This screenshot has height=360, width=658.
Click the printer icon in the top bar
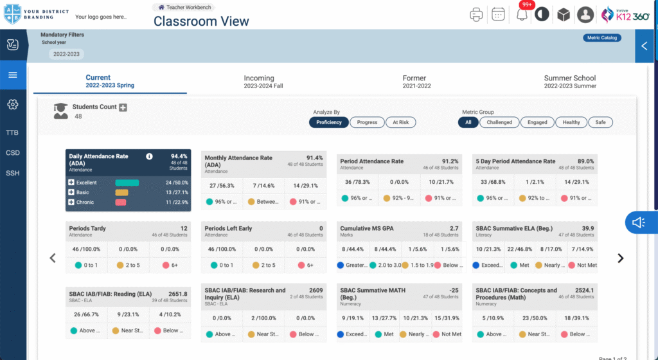point(476,14)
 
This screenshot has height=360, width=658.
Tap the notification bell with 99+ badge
point(522,15)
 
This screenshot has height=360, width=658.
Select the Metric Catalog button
point(601,38)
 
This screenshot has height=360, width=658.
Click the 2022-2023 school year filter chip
point(66,54)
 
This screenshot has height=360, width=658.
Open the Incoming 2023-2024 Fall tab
point(259,82)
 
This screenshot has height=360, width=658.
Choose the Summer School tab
point(569,82)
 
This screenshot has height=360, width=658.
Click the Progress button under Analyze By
point(367,122)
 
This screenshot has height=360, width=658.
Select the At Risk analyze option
point(400,122)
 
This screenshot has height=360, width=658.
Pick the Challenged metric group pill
point(499,122)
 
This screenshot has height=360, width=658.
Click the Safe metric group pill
point(600,122)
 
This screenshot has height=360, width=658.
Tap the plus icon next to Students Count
point(123,107)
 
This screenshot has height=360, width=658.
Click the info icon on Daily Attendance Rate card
point(149,156)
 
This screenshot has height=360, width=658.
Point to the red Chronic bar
point(120,203)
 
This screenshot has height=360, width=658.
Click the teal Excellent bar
point(127,183)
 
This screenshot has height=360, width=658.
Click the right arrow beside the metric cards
point(620,258)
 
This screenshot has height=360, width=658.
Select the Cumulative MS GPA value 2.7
point(454,228)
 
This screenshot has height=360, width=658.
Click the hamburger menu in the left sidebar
point(13,75)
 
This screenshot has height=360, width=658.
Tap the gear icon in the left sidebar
point(13,104)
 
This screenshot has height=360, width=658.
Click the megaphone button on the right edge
point(639,222)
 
